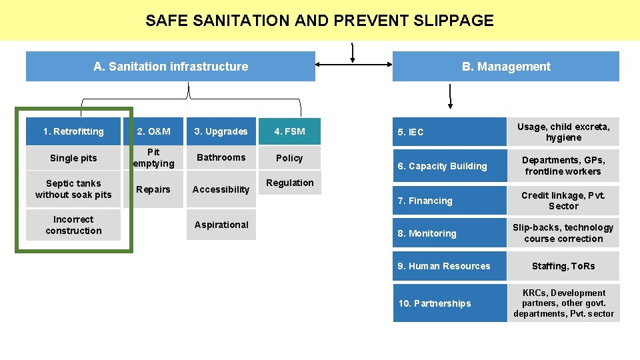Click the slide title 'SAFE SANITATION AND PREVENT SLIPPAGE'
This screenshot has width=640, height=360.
point(319,21)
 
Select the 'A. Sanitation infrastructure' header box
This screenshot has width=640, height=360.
point(171,67)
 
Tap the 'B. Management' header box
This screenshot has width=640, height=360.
point(506,67)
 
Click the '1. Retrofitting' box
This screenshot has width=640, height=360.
point(73,131)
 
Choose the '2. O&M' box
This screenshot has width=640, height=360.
point(153,131)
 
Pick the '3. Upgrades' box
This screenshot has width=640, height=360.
point(221,131)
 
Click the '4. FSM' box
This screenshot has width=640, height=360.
point(289,131)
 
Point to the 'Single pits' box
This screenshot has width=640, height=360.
point(73,158)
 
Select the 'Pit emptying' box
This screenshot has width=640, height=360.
point(153,158)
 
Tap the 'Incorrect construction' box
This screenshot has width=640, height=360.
point(73,225)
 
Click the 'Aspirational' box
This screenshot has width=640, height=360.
point(221,225)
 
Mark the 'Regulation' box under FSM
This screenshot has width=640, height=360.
point(289,183)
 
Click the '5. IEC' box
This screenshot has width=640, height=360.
point(449,132)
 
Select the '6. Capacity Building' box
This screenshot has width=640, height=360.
point(449,166)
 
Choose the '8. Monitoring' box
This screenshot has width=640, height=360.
point(449,233)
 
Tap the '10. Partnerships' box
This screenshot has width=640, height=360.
point(449,303)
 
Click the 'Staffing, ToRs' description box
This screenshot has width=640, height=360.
point(563,266)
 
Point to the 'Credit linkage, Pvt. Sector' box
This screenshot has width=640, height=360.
point(563,201)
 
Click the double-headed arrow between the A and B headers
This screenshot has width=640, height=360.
point(353,65)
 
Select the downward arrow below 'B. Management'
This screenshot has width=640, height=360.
point(451,97)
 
